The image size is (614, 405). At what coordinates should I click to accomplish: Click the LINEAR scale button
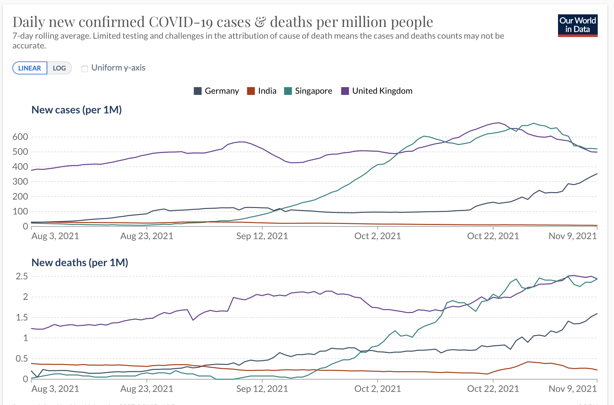[30, 68]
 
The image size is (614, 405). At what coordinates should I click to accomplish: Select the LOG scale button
[59, 68]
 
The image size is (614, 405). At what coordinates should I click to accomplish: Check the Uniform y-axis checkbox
[85, 69]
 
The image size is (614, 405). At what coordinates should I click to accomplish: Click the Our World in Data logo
[578, 25]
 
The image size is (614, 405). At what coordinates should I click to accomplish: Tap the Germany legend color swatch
[198, 91]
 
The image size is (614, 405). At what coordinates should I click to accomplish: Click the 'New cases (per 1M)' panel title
[77, 110]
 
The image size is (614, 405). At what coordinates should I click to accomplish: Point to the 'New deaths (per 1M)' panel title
[80, 263]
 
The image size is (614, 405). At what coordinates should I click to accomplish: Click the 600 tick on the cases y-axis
[20, 137]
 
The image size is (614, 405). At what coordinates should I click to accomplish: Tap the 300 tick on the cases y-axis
[20, 182]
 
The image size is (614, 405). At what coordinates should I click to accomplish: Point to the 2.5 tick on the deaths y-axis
[22, 276]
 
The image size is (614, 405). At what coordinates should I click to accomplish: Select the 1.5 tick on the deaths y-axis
[22, 318]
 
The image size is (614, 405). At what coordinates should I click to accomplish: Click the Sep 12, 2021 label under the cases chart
[262, 236]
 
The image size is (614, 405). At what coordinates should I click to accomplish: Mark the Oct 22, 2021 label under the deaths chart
[493, 389]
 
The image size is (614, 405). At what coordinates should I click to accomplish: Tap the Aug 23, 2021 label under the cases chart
[147, 236]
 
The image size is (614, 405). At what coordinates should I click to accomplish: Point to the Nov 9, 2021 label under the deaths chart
[573, 389]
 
